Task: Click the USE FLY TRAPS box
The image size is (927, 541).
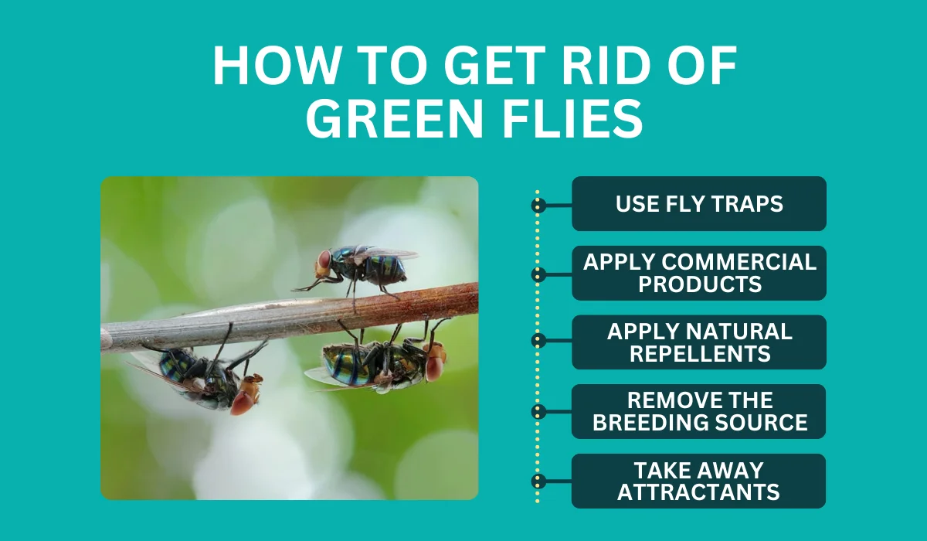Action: tap(699, 204)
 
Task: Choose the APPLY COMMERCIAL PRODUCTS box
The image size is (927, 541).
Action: tap(699, 273)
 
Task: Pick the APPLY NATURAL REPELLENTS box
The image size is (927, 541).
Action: tap(699, 342)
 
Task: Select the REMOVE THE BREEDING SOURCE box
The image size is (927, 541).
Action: tap(698, 411)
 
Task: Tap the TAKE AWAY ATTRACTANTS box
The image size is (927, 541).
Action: tap(698, 481)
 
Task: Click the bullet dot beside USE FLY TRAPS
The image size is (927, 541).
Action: tap(538, 206)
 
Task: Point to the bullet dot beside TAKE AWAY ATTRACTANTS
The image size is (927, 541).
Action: tap(538, 481)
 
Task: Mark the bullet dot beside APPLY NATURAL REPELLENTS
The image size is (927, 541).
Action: tap(538, 341)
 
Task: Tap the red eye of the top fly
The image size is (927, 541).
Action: tap(324, 259)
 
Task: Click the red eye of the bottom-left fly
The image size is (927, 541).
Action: tap(241, 403)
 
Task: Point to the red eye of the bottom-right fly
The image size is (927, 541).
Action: tap(434, 368)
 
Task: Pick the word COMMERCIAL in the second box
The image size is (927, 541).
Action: tap(739, 263)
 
